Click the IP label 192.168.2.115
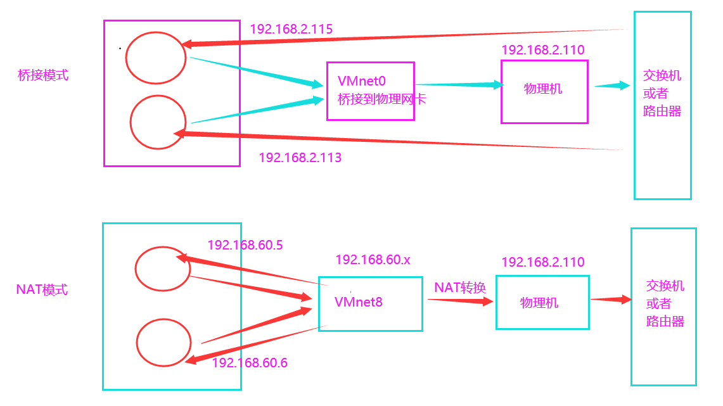coord(291,29)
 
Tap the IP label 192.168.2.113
coord(300,158)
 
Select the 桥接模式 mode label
coord(43,75)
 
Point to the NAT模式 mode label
coord(42,290)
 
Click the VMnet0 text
coord(362,81)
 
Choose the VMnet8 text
coord(359,302)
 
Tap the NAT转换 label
coord(460,288)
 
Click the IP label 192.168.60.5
coord(245,245)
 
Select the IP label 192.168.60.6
coord(250,363)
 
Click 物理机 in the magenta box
coord(543,89)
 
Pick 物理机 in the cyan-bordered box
coord(539,303)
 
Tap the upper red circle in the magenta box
coord(155,58)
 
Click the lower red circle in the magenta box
coord(158,122)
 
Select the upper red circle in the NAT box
coord(162,269)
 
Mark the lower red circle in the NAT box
coord(163,342)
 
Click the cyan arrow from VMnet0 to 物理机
coord(458,84)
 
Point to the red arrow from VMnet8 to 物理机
coord(460,300)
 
